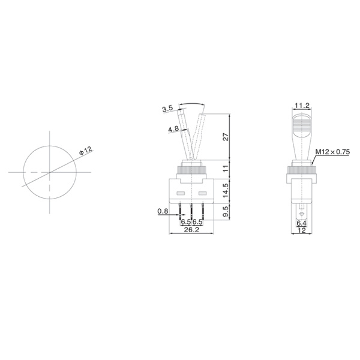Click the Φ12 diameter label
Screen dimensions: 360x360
coord(85,151)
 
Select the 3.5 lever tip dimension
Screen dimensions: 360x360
coord(167,109)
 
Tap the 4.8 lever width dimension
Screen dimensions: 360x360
coord(173,129)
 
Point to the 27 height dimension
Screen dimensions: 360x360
coord(226,137)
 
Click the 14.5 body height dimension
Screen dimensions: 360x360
coord(226,190)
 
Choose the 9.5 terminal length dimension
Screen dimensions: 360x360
coord(226,212)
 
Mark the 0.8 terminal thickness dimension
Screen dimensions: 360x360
coord(163,211)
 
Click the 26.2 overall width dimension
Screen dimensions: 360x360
coord(191,229)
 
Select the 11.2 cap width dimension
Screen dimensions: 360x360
coord(301,106)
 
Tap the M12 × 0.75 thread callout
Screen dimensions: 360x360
coord(334,152)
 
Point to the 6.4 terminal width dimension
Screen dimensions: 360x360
coord(301,223)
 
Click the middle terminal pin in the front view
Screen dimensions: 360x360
coord(191,211)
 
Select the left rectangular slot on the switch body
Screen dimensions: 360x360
coord(181,194)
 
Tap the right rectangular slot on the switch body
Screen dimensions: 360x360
coord(202,194)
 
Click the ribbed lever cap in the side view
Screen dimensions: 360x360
coord(301,126)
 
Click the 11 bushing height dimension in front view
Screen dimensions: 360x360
coord(226,169)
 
